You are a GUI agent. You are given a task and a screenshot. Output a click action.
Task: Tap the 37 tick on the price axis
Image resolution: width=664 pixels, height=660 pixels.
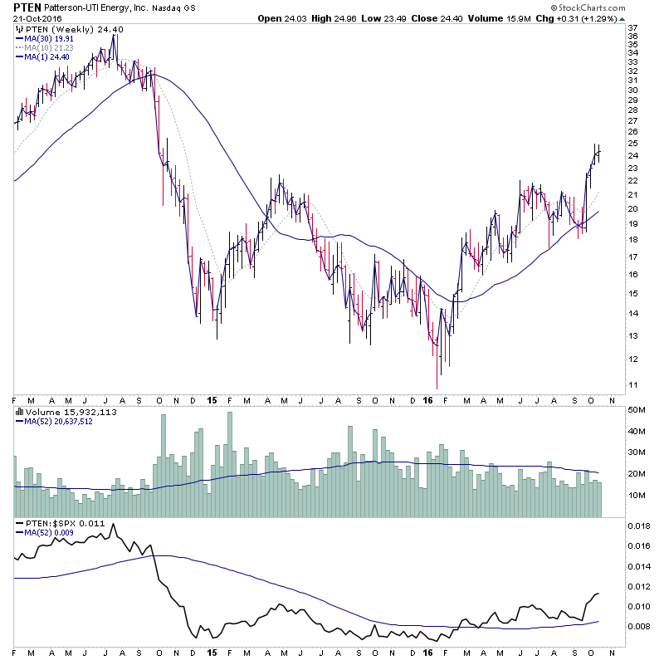632,26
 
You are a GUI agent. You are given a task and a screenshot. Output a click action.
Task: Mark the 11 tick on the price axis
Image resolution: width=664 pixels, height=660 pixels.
632,384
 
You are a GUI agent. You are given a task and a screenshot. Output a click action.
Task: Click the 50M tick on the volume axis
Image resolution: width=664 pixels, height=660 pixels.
637,410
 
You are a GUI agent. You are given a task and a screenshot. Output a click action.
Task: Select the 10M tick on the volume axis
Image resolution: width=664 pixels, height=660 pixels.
637,496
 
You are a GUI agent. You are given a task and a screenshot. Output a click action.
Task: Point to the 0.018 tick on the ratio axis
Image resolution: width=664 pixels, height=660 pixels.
639,526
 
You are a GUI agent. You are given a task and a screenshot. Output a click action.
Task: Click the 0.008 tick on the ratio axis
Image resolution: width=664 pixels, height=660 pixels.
639,627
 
